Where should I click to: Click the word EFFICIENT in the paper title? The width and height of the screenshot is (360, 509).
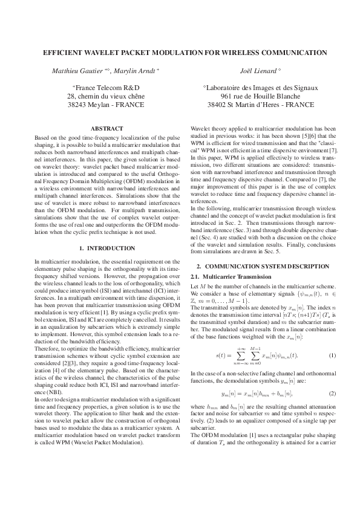64,53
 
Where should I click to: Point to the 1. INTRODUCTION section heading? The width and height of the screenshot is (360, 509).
106,248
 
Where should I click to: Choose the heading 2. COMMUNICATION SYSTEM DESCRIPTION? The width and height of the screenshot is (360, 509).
263,267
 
